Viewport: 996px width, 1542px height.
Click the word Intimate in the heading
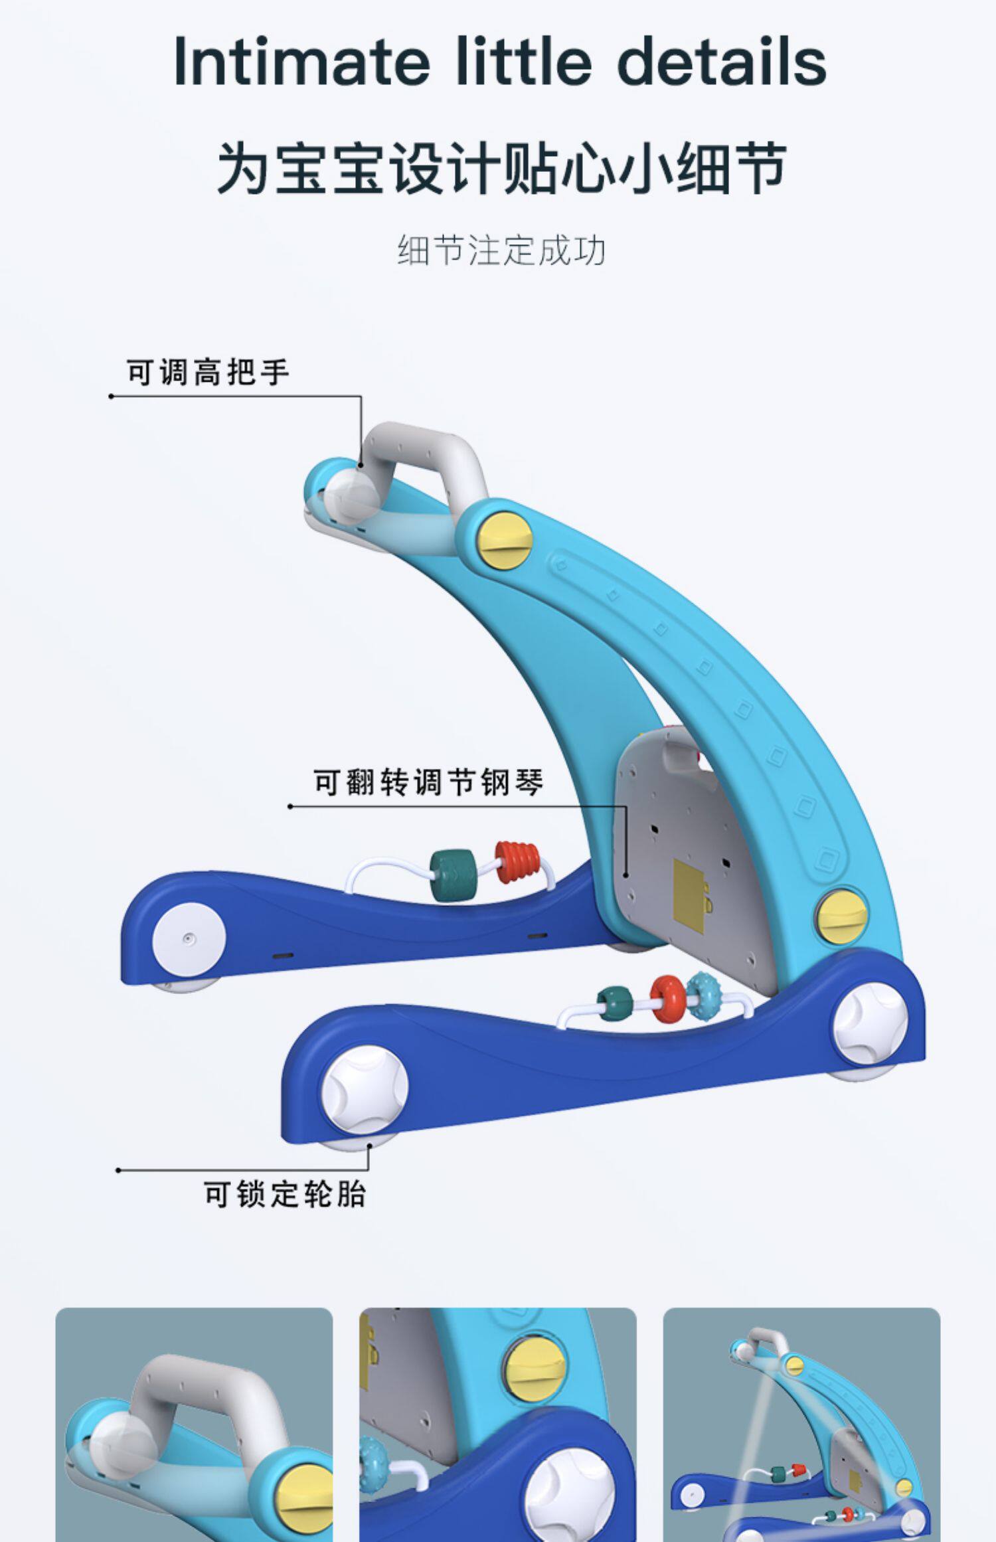point(302,62)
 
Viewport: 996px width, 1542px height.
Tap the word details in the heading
point(722,62)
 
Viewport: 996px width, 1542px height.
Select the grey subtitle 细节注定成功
point(501,251)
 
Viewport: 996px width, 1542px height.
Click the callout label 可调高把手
point(208,372)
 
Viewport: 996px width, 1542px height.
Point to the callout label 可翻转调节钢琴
point(429,782)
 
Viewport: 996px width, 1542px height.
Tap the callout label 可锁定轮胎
point(286,1194)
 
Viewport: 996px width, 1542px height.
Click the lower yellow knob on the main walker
point(842,915)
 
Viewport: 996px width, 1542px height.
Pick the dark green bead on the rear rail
point(450,876)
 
